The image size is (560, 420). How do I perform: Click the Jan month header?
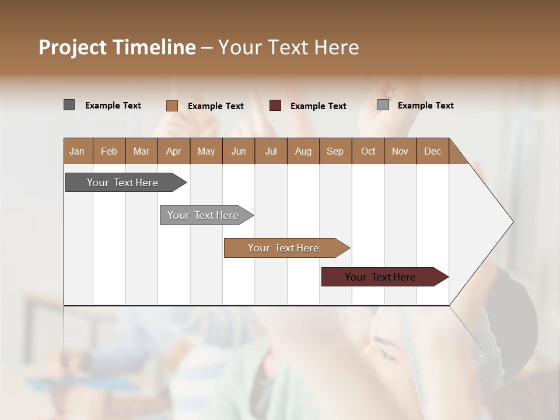click(78, 151)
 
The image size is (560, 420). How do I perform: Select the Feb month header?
click(109, 151)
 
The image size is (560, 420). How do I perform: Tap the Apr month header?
click(174, 151)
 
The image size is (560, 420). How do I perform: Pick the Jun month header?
click(239, 151)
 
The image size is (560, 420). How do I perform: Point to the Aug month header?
click(303, 151)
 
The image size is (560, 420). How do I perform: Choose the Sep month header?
click(335, 151)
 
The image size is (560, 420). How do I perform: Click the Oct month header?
click(368, 151)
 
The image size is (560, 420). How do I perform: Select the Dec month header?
click(433, 151)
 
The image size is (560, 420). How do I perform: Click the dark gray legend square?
click(69, 105)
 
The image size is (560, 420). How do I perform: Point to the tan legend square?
click(172, 106)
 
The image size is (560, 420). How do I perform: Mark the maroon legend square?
click(275, 106)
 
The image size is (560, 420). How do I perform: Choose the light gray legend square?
click(383, 105)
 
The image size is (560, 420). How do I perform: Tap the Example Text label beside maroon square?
click(318, 106)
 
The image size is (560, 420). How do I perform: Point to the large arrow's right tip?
click(512, 222)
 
